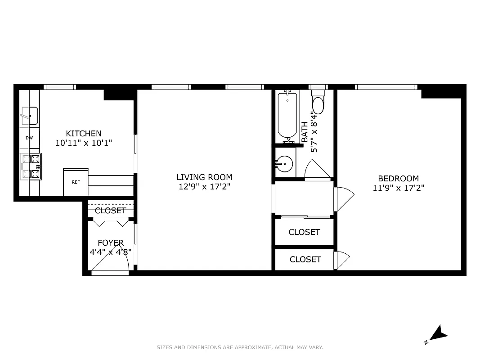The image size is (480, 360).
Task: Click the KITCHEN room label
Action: click(84, 133)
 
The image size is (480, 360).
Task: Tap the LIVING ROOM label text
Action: click(204, 177)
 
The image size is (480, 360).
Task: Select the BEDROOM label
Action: click(398, 179)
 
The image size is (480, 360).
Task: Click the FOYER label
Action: click(110, 243)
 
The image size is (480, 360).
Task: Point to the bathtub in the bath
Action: click(287, 115)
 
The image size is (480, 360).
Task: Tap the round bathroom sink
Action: click(284, 164)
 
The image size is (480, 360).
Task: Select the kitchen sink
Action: click(30, 116)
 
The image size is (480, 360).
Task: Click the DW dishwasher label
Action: click(29, 138)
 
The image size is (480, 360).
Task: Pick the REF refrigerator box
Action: click(76, 182)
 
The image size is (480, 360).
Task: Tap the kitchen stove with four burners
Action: click(31, 166)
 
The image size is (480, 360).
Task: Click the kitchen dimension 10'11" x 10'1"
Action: click(84, 143)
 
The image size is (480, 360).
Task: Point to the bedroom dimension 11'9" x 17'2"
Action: click(398, 188)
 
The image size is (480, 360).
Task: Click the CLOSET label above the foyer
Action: click(110, 211)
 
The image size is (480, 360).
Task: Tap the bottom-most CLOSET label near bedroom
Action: click(305, 259)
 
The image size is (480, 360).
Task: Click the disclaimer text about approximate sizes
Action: click(240, 347)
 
